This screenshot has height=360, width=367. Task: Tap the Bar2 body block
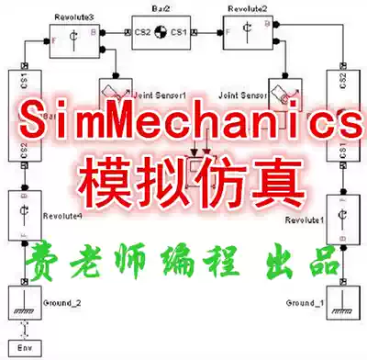(x=159, y=33)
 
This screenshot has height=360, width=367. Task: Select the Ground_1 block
(x=342, y=300)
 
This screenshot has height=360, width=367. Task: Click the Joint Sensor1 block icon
(x=117, y=91)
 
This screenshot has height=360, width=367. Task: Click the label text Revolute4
(x=61, y=216)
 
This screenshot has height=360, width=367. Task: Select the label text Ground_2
(x=61, y=302)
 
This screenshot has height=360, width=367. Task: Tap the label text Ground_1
(x=304, y=302)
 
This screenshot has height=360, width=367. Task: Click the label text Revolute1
(x=306, y=220)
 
